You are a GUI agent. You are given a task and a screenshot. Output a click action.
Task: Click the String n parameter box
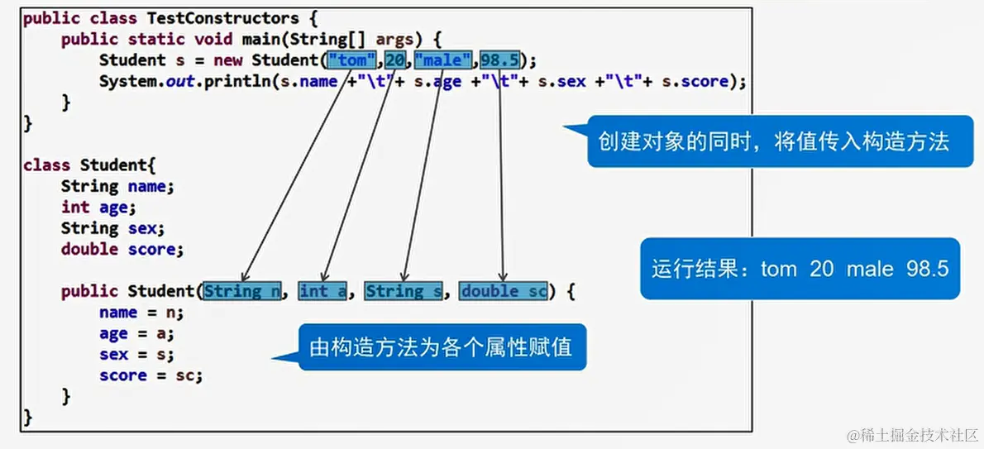tap(242, 291)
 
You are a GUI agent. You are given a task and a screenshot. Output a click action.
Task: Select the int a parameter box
tap(322, 291)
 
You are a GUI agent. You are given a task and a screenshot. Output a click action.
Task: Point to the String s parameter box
tap(404, 291)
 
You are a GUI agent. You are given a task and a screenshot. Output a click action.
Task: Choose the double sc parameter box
tap(504, 291)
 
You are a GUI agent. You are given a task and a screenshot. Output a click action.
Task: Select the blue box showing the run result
tap(800, 269)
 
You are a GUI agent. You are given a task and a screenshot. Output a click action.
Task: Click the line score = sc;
tap(150, 376)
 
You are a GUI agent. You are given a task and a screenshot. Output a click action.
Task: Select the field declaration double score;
tap(122, 249)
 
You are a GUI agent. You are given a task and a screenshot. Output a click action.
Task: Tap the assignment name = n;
tap(141, 313)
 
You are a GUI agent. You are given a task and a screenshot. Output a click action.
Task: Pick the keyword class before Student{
tap(46, 165)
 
